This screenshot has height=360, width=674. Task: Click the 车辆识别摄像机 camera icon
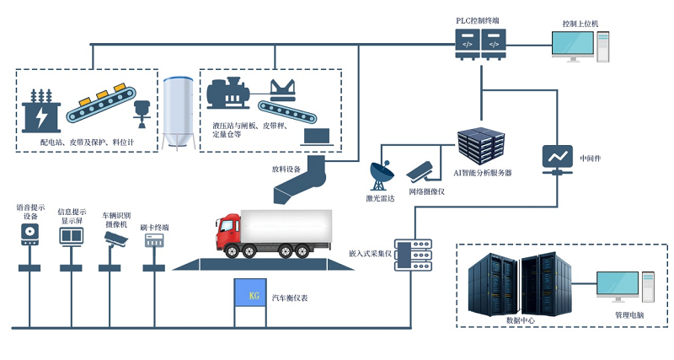pos(114,239)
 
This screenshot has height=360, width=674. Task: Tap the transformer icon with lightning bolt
pos(39,108)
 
